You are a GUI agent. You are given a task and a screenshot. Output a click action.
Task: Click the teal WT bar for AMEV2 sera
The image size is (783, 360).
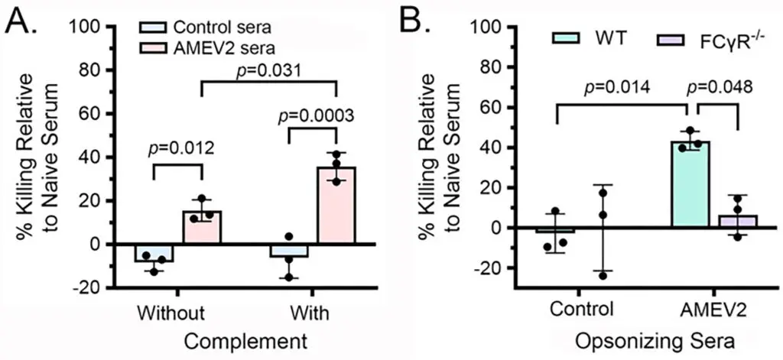[690, 184]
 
